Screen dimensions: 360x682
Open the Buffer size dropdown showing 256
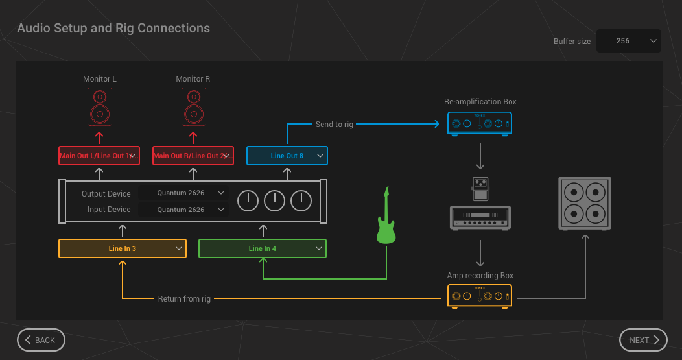point(628,41)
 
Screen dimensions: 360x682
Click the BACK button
point(41,340)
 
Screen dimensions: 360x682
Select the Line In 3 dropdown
point(123,248)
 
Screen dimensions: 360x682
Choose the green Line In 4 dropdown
point(262,248)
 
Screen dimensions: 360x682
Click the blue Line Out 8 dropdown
point(287,156)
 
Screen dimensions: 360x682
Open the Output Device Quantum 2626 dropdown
point(183,193)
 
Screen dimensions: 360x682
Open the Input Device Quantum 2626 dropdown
point(183,210)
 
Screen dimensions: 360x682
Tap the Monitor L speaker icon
point(100,107)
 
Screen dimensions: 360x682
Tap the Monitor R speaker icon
point(193,107)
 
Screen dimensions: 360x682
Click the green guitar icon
point(386,217)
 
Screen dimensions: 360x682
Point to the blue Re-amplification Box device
point(480,123)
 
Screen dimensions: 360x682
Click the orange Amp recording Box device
point(480,296)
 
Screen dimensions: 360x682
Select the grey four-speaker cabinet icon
point(585,203)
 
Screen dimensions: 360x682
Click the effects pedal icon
point(480,188)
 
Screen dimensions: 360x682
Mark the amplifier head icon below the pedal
point(480,217)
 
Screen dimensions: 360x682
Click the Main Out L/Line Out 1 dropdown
point(99,156)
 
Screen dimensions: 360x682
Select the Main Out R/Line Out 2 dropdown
point(193,156)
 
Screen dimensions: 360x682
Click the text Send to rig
point(335,124)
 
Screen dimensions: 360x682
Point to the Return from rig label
point(185,299)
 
